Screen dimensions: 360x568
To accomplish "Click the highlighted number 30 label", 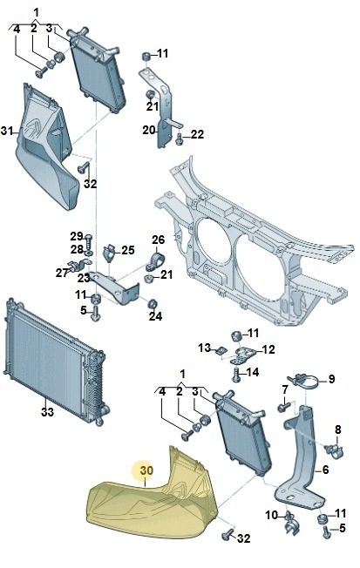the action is [x=146, y=470].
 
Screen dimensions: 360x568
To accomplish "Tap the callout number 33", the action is [x=47, y=412].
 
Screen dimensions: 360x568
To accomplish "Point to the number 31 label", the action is [x=7, y=131].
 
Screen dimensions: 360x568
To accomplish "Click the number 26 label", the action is [x=158, y=240].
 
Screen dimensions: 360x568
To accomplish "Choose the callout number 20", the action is [x=149, y=130].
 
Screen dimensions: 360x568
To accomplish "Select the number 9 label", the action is [x=332, y=379].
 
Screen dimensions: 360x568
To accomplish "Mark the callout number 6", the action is [x=325, y=470].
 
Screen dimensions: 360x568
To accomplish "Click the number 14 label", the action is [x=252, y=372].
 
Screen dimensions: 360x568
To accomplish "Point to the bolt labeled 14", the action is [x=236, y=375].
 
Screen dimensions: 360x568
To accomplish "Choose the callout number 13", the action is [x=205, y=348].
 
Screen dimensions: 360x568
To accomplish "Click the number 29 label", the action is [x=77, y=237].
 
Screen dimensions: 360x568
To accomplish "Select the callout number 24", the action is [x=155, y=316].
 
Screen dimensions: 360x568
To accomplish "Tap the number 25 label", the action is [x=127, y=250].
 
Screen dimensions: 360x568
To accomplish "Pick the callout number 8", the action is [x=338, y=429].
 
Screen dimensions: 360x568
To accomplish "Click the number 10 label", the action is [x=272, y=515].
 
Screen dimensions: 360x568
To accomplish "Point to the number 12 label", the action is [x=268, y=349].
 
